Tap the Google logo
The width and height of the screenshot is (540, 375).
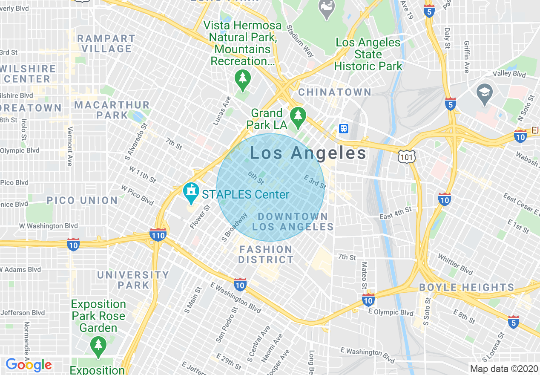29,365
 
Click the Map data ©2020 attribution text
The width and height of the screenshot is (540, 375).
504,369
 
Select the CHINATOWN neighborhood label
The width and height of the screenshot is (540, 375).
335,92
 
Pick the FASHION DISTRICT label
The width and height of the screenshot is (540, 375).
266,254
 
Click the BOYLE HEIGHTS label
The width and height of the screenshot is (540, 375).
467,287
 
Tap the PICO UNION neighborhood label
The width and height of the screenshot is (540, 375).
82,200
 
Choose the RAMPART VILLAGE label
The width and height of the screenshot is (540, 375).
106,43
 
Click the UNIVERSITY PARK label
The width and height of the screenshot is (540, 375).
133,280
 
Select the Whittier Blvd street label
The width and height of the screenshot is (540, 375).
455,264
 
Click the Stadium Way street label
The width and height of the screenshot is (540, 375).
300,41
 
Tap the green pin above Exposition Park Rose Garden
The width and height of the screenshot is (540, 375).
98,346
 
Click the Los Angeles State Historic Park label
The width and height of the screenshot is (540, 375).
368,54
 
